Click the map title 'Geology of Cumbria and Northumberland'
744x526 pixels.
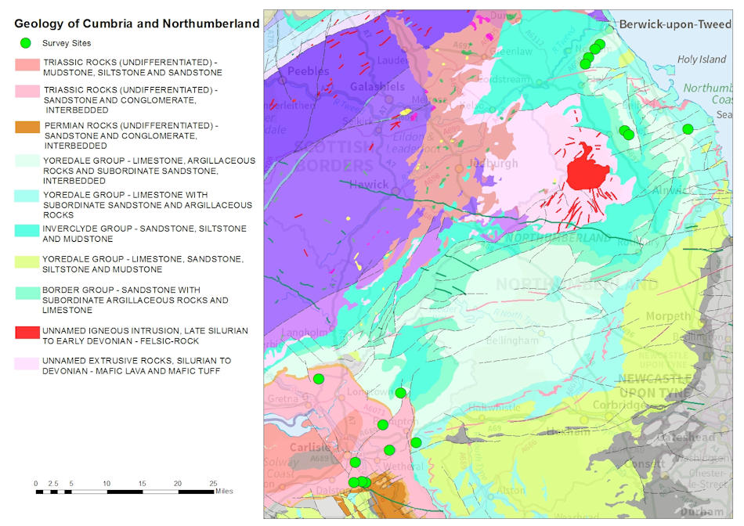click(136, 23)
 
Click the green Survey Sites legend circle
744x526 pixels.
click(25, 43)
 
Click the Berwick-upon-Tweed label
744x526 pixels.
click(674, 24)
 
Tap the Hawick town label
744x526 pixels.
click(369, 185)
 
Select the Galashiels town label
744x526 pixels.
click(377, 86)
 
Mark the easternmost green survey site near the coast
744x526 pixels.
click(688, 129)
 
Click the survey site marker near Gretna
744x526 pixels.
click(319, 379)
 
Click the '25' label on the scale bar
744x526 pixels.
click(212, 484)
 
